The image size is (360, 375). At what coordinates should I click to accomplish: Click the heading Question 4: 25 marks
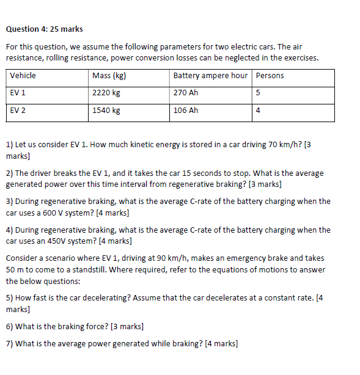click(44, 29)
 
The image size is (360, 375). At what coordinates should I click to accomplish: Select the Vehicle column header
click(23, 76)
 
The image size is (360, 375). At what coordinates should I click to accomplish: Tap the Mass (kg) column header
click(109, 76)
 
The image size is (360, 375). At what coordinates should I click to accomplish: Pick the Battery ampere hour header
click(210, 76)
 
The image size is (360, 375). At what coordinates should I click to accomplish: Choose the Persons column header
click(270, 76)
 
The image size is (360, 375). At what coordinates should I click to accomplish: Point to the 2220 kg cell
click(106, 93)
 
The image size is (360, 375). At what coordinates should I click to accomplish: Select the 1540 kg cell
click(106, 111)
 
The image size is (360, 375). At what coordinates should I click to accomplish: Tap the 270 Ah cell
click(186, 93)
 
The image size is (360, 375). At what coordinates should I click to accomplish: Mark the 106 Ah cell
click(186, 111)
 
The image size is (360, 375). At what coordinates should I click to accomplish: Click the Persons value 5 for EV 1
click(259, 93)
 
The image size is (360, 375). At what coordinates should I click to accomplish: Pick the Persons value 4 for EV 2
click(259, 111)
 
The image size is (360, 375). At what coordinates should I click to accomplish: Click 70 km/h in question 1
click(284, 145)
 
